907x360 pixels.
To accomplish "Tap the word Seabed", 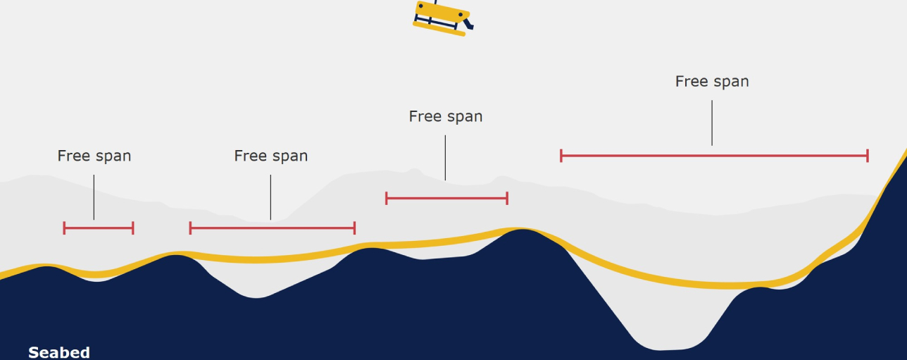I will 59,352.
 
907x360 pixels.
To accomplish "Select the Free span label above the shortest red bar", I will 94,156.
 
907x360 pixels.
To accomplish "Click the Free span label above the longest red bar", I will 712,81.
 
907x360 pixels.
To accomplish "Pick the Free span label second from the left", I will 271,156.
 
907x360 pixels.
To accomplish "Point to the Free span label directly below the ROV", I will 446,116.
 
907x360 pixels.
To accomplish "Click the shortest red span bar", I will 99,228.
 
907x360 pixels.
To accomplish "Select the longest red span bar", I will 714,156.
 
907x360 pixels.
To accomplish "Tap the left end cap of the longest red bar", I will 561,156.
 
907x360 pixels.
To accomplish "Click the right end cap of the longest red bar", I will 868,156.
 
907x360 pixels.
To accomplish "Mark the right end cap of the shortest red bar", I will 133,228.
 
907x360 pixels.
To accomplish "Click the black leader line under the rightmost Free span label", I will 712,123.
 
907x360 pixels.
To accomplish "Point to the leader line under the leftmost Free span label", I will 94,197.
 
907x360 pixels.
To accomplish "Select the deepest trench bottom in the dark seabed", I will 665,347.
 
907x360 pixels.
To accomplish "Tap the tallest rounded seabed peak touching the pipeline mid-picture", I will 523,236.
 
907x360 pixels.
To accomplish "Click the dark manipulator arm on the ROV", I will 468,24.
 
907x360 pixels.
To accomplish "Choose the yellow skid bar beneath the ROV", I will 439,29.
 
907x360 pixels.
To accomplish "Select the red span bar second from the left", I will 272,228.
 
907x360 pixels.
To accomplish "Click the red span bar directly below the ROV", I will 446,199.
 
